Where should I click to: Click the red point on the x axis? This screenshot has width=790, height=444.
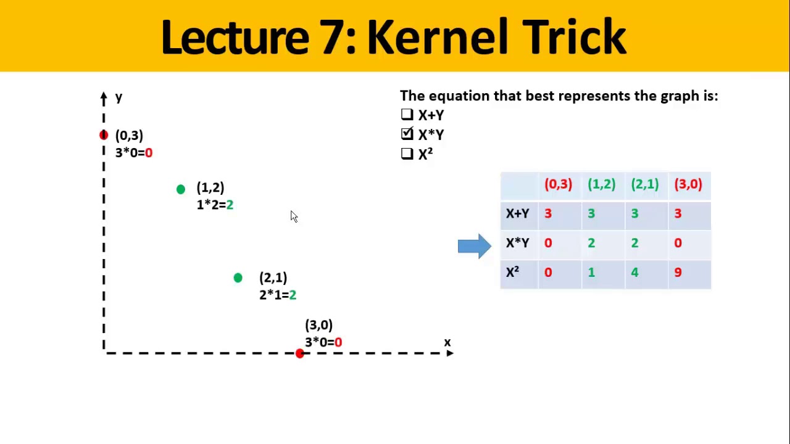point(299,353)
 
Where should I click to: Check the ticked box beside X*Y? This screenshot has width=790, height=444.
point(407,134)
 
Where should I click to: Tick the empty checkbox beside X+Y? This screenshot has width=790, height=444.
point(407,115)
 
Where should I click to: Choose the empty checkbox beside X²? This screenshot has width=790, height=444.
point(407,154)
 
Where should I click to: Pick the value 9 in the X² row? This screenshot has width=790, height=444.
point(678,273)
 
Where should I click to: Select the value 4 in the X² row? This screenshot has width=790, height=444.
point(634,273)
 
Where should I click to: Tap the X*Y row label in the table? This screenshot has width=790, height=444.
point(517,243)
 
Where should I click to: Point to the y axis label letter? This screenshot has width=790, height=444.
point(118,97)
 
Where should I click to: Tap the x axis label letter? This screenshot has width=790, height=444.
point(447,342)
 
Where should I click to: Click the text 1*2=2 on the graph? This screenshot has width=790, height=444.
point(215,205)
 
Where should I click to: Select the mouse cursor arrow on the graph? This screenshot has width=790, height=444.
point(294,216)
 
